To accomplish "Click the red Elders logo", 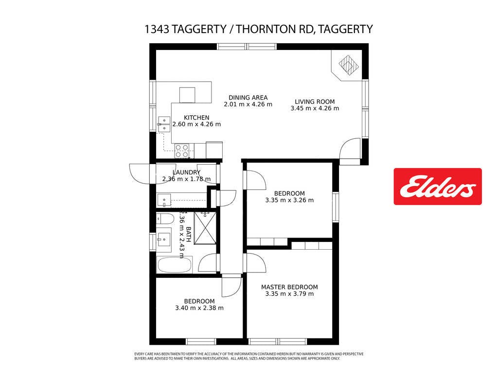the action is (438, 186).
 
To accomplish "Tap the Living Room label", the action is (315, 102).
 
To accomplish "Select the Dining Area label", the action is (248, 97).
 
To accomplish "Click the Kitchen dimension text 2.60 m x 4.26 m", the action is (196, 124).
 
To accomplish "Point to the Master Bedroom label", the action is (289, 287).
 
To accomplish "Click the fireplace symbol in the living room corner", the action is (349, 65).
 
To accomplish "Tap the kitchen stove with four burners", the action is (182, 151).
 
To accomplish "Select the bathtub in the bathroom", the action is (175, 265).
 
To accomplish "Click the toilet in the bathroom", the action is (165, 219).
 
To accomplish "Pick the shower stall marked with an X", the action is (205, 228).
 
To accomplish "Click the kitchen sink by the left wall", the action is (164, 124).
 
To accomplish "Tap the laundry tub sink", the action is (164, 201).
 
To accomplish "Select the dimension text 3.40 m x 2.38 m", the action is (199, 308).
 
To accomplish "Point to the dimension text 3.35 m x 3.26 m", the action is (289, 200).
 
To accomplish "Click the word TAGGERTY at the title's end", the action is (345, 29).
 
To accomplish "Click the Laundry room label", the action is (186, 172).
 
